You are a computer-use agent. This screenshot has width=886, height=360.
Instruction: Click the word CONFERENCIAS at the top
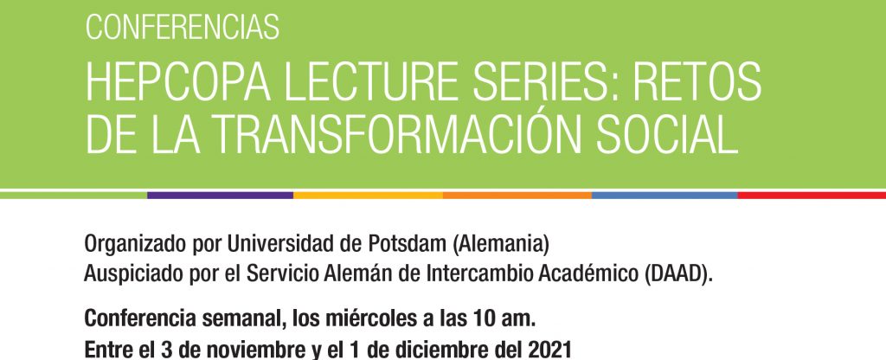tap(182, 27)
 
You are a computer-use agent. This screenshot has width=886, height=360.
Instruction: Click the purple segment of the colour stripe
tap(221, 195)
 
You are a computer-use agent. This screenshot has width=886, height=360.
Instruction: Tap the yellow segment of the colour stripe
tap(369, 195)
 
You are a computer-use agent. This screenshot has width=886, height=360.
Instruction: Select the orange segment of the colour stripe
tap(517, 195)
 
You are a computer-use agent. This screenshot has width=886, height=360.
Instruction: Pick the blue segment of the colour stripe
tap(665, 195)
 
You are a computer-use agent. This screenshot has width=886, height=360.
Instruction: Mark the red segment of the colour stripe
tap(812, 195)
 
